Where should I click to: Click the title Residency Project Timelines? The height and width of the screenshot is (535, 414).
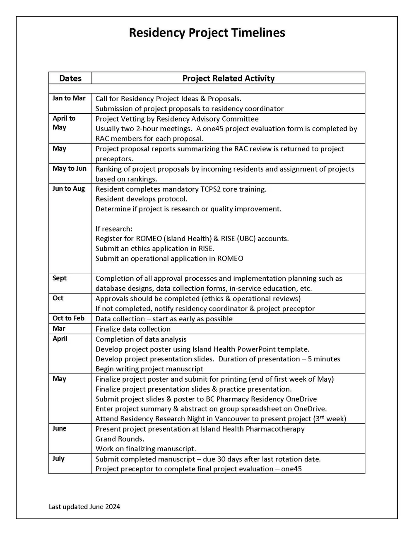(x=207, y=33)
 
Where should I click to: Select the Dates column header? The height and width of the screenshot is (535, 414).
(x=70, y=78)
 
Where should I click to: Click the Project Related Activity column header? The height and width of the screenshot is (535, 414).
(x=228, y=78)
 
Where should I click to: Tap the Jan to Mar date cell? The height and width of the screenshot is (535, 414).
(x=69, y=98)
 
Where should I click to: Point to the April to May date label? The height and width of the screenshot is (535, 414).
(x=64, y=123)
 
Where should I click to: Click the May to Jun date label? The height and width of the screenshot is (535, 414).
(x=69, y=168)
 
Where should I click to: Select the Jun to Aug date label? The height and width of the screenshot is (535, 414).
(x=68, y=189)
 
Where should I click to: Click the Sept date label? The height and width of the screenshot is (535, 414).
(x=59, y=278)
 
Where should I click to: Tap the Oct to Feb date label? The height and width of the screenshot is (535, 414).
(x=68, y=318)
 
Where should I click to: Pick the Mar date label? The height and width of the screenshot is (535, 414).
(x=59, y=328)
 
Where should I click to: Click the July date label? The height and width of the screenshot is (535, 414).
(x=58, y=458)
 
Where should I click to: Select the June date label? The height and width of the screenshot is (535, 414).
(x=59, y=428)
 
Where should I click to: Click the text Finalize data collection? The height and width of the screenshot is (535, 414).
(x=133, y=329)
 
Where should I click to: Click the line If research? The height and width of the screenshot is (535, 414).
(x=114, y=229)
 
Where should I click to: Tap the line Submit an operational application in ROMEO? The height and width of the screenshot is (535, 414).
(x=169, y=258)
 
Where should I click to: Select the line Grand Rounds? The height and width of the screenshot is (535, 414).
(x=120, y=439)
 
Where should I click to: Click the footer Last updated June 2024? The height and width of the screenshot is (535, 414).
(x=84, y=506)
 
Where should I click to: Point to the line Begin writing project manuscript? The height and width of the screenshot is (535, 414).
(x=149, y=369)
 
